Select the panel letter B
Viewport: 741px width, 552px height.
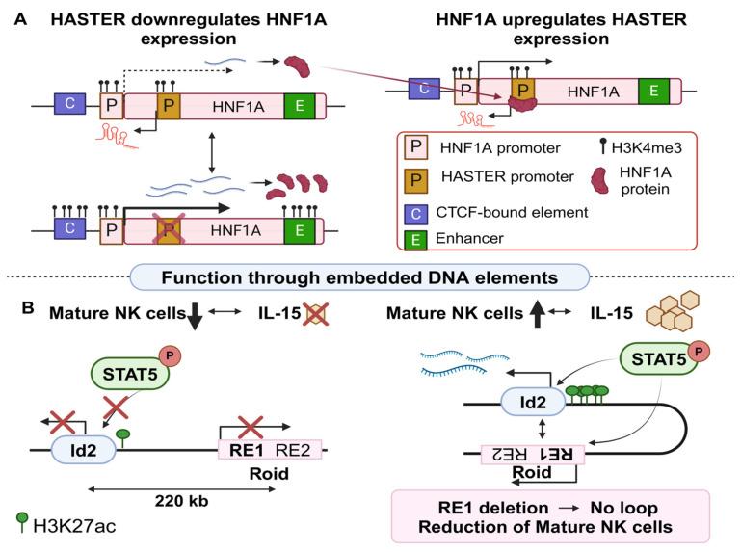tap(20, 310)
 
